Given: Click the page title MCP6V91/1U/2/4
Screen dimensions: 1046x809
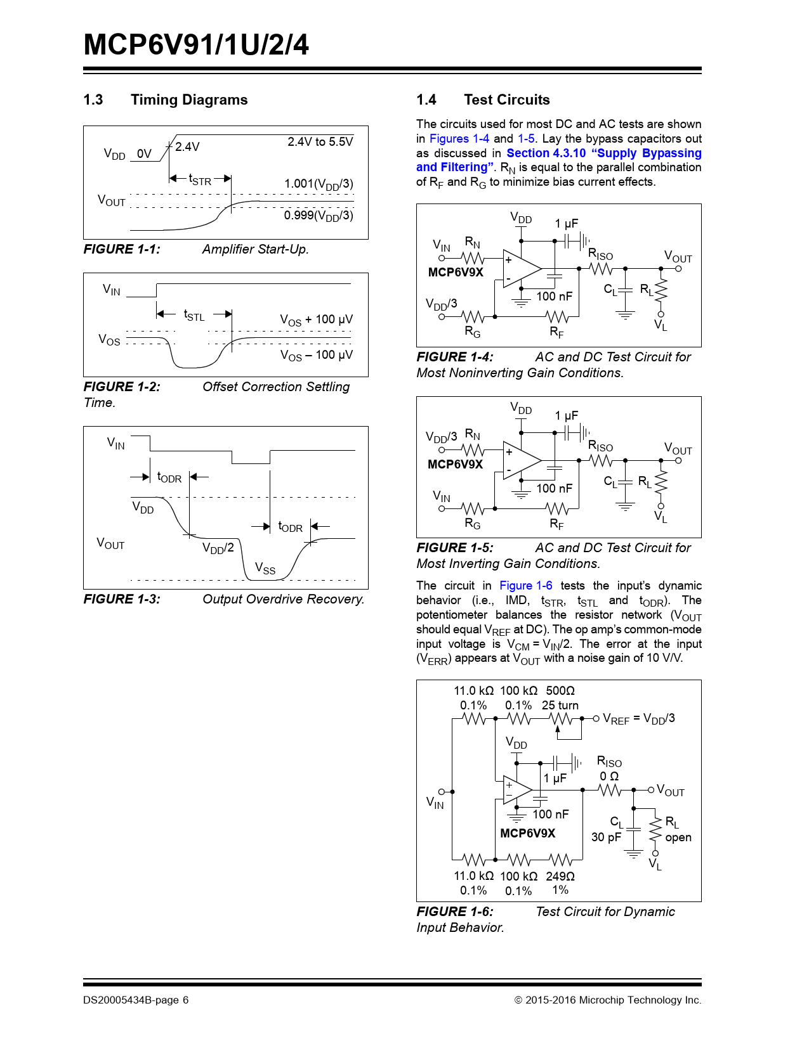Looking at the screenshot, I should (196, 45).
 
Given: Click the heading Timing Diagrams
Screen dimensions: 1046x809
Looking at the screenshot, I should (189, 100).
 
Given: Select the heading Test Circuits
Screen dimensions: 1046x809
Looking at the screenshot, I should (506, 100).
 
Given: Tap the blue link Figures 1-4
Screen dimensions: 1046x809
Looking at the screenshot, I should (459, 139).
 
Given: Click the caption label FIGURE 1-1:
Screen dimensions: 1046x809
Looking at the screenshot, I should (122, 249).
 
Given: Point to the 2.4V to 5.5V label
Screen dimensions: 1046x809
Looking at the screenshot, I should (320, 142).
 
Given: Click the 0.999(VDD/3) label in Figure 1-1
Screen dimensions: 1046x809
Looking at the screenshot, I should (319, 216).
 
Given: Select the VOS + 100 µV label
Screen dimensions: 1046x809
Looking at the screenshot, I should (316, 320).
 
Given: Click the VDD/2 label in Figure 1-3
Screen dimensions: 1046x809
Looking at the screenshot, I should (218, 548).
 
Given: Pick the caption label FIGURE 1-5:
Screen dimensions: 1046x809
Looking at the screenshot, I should (454, 548).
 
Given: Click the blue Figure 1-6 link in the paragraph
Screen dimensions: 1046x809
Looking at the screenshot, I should (525, 586).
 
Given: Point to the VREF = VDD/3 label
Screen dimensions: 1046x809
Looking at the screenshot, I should (638, 719).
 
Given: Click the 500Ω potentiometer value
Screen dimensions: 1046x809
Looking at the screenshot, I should (560, 691).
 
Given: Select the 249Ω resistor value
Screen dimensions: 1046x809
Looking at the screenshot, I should (560, 876).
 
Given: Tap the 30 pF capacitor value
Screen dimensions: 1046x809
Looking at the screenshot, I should (606, 837).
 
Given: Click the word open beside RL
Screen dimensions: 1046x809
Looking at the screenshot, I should (678, 837).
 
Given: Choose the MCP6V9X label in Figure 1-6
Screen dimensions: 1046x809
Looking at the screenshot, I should (527, 833).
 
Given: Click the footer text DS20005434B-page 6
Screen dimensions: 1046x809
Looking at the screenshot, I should (136, 1000).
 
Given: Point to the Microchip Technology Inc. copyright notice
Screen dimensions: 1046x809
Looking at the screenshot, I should (608, 1000).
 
